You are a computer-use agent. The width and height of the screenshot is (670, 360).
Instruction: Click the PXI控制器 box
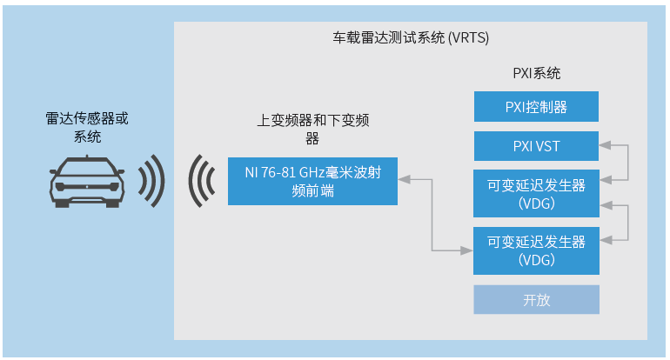click(x=536, y=107)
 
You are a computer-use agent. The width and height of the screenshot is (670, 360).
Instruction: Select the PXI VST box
click(x=536, y=146)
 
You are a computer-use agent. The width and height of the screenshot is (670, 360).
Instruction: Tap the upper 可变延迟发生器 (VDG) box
click(x=536, y=193)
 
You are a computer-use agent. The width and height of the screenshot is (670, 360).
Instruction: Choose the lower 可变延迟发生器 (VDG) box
click(x=536, y=250)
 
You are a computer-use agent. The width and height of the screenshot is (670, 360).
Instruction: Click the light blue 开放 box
click(x=536, y=299)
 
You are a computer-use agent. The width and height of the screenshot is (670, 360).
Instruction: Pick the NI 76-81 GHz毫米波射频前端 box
click(x=312, y=181)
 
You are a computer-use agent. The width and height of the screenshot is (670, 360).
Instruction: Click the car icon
click(x=86, y=181)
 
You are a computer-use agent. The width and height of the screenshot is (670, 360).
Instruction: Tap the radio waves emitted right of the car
click(x=152, y=181)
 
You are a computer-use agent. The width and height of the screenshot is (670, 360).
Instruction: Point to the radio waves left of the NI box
click(x=203, y=181)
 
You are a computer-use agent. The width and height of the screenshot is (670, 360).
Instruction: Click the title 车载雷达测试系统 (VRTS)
click(x=411, y=38)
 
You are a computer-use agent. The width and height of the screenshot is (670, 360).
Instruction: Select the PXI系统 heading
click(x=536, y=74)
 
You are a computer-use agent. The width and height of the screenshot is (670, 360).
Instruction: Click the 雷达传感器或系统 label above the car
click(x=86, y=127)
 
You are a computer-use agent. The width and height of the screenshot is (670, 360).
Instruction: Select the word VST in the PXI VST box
click(x=547, y=146)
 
